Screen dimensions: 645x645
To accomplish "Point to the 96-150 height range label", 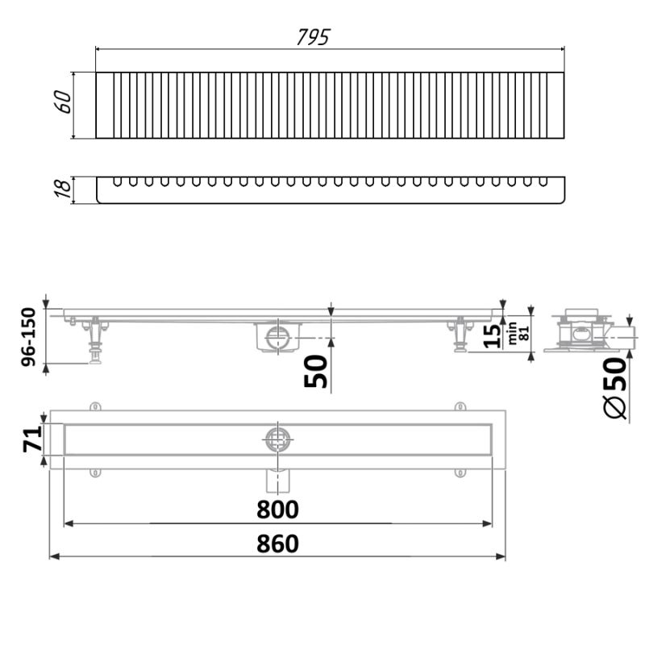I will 29,337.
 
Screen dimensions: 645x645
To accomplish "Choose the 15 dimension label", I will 491,335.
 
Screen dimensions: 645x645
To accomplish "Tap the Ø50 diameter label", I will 614,387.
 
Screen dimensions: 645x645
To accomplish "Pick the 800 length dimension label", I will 278,510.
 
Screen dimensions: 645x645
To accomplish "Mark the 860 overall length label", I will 278,544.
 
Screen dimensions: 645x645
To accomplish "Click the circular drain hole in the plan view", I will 277,439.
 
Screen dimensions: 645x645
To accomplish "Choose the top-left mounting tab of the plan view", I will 95,406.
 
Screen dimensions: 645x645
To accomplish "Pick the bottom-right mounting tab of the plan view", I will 460,473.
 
